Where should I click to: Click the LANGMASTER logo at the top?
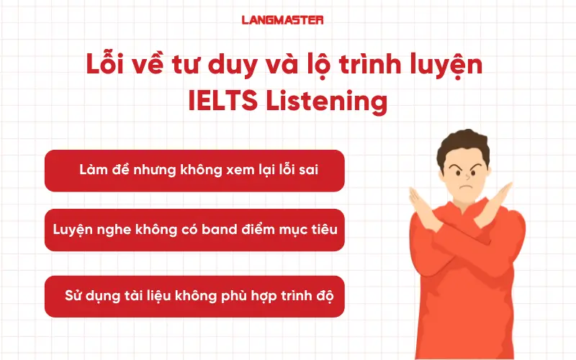click(x=282, y=21)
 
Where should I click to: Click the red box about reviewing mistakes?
click(x=194, y=171)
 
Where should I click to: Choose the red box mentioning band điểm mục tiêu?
click(x=194, y=230)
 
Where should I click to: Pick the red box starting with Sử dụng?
click(x=194, y=296)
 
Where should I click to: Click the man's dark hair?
click(x=462, y=143)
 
